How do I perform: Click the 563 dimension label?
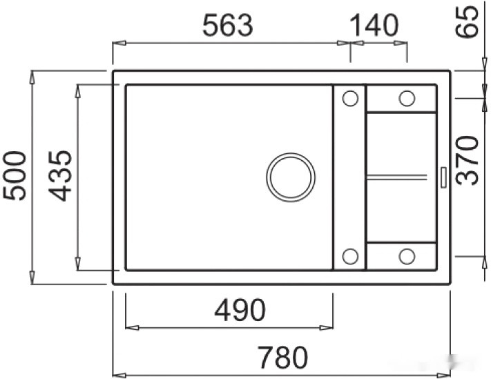click(228, 26)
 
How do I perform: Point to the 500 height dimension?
click(15, 175)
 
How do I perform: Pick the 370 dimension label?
click(470, 160)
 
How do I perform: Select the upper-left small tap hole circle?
click(349, 99)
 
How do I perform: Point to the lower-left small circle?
click(349, 257)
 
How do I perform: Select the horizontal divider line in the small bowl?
click(401, 177)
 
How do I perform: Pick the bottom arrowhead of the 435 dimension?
click(78, 266)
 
